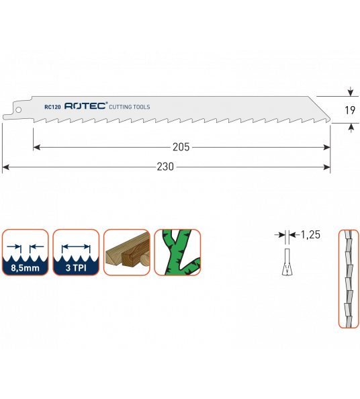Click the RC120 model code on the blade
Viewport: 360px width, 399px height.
(52, 107)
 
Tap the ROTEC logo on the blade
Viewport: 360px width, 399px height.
(85, 106)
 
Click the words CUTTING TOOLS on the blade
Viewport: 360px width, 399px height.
(130, 107)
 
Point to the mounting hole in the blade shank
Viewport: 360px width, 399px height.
(18, 110)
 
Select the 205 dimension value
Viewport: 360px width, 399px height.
(181, 147)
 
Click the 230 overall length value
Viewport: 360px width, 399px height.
(165, 167)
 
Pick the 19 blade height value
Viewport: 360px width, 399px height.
(350, 110)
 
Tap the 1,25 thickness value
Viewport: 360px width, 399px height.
(310, 234)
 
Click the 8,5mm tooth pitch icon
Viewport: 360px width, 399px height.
(26, 252)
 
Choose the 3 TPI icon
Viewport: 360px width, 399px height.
(76, 252)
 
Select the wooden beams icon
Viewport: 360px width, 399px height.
(127, 252)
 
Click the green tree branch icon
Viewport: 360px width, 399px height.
(177, 252)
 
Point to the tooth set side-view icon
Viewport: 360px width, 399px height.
(349, 279)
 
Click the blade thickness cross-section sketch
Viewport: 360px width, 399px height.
(287, 262)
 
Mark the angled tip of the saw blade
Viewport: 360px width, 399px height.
(330, 120)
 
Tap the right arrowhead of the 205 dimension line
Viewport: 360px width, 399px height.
(327, 147)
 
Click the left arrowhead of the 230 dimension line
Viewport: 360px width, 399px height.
(5, 167)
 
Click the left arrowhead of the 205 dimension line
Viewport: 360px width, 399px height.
(37, 147)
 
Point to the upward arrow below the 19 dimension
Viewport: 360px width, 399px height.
(351, 128)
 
